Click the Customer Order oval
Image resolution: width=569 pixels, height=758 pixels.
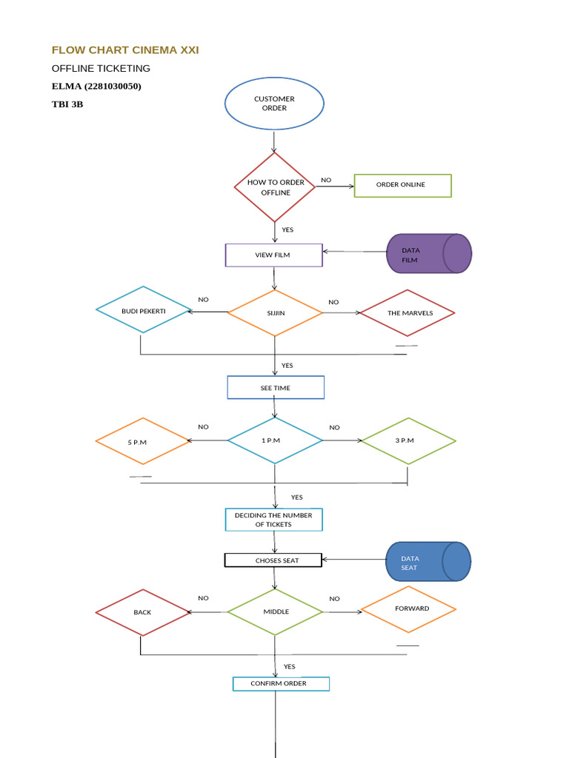coord(274,104)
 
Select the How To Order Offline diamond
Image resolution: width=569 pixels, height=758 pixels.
coord(275,187)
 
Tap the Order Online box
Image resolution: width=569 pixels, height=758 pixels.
coord(402,185)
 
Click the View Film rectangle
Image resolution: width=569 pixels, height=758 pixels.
coord(273,255)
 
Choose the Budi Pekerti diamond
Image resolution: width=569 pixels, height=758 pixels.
coord(144,310)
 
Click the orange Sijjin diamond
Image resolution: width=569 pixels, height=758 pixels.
coord(275,312)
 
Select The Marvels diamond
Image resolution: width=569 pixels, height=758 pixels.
coord(407,312)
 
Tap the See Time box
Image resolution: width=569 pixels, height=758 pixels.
coord(275,388)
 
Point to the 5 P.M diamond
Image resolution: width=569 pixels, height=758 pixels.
coord(143,441)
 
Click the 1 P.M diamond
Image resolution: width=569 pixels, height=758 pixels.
coord(275,440)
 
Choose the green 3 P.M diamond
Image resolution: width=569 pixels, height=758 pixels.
coord(407,440)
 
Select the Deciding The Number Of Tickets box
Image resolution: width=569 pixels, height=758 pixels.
coord(273,520)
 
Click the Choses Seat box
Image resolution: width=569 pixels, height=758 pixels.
coord(273,560)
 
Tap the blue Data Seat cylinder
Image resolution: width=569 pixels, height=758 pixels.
coord(427,563)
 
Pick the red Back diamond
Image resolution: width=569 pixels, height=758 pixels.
coord(143,612)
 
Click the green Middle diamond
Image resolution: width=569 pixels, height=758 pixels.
coord(275,611)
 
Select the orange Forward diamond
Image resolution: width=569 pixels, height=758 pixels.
coord(407,608)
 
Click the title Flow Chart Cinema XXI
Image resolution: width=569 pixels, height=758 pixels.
coord(125,50)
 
